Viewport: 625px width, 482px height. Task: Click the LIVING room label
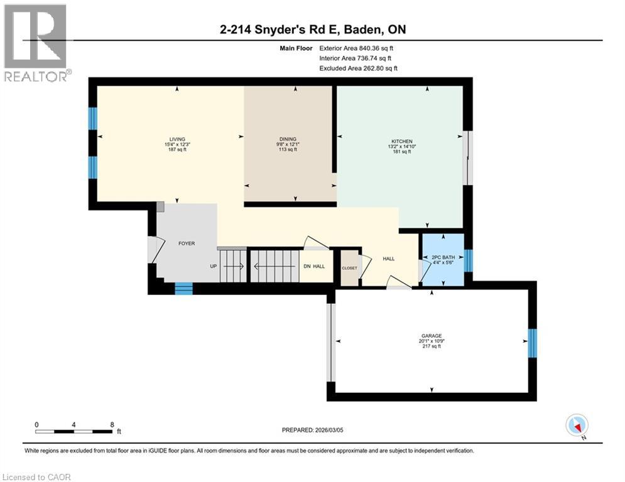[x=177, y=139]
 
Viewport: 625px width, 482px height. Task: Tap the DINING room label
[x=288, y=139]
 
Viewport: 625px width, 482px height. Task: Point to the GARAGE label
[x=431, y=335]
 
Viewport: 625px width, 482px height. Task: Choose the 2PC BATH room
[x=443, y=257]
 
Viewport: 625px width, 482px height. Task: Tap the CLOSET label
[x=349, y=268]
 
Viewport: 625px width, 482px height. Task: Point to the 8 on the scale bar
[x=112, y=424]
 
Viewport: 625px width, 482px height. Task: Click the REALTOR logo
[x=35, y=41]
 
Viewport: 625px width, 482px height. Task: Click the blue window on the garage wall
[x=533, y=342]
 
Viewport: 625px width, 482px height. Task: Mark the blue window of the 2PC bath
[x=468, y=260]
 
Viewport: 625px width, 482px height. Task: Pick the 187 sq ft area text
[x=177, y=151]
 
